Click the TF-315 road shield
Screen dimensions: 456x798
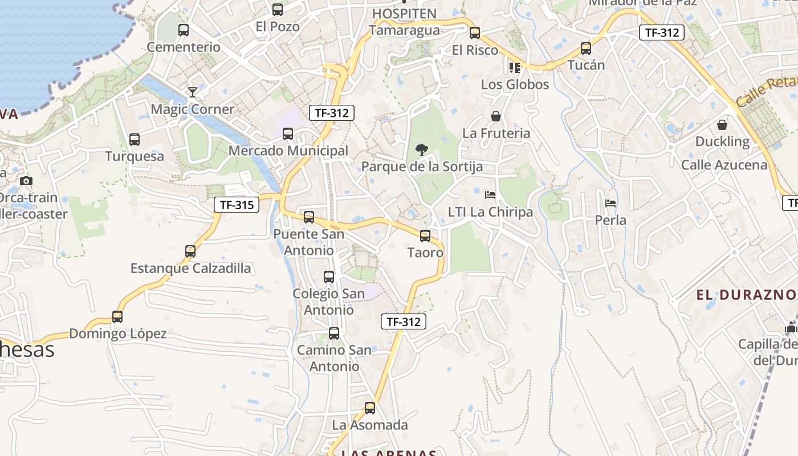(237, 205)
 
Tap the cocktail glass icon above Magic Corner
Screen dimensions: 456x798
(193, 92)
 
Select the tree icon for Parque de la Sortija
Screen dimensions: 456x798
(422, 150)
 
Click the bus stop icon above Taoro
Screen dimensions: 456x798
(425, 235)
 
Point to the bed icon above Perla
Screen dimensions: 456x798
(610, 203)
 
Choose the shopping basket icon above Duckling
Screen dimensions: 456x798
(722, 124)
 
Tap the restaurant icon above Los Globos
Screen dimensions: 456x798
(515, 68)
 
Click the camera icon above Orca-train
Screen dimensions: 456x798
(26, 181)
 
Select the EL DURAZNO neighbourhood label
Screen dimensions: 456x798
(746, 295)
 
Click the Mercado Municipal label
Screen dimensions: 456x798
(288, 151)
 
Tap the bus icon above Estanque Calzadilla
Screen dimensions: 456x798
(190, 251)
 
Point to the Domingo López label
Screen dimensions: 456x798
(118, 334)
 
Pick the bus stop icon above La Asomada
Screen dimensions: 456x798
(370, 408)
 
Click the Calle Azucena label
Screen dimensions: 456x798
(724, 165)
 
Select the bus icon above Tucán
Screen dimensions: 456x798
(586, 48)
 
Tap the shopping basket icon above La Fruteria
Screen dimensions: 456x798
(496, 117)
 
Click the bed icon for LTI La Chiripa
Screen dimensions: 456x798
(490, 195)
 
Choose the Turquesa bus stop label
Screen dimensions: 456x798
(135, 156)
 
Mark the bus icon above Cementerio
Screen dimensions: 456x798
(184, 30)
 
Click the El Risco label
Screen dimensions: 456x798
(475, 50)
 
